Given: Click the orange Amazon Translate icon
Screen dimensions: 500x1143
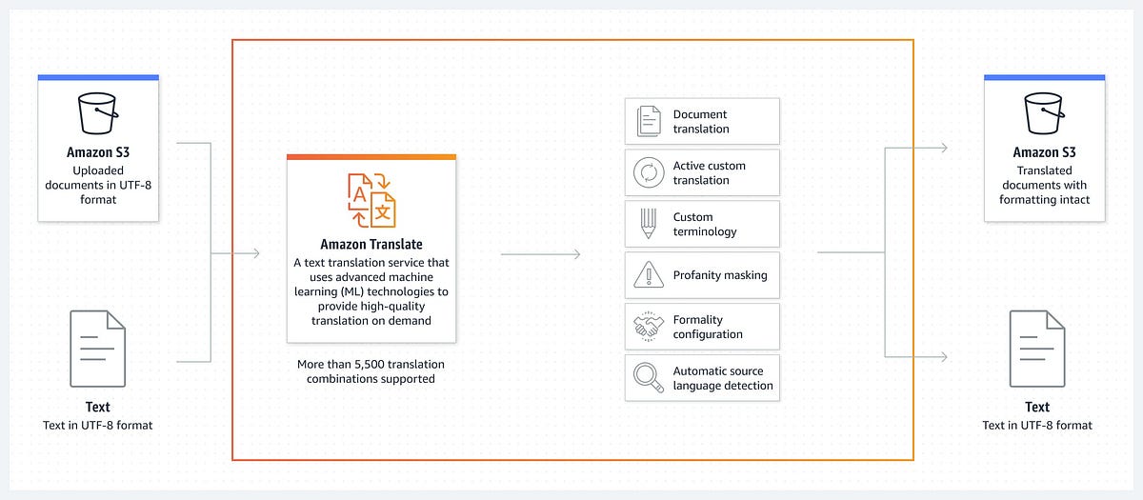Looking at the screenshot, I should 371,201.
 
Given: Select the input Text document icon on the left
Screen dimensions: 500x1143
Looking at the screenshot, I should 98,349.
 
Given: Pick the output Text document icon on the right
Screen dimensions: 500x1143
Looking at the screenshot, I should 1037,349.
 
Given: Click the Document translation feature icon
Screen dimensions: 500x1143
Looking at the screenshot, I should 649,122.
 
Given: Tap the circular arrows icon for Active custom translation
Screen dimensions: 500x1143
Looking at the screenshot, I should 649,173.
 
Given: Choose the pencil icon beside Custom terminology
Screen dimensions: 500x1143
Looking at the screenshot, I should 649,225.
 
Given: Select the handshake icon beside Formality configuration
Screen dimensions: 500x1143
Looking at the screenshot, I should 649,327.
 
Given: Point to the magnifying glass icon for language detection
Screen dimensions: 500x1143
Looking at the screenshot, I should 649,378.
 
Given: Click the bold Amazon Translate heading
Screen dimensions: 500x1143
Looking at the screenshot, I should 371,245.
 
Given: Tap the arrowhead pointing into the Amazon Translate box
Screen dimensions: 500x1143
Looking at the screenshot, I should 254,253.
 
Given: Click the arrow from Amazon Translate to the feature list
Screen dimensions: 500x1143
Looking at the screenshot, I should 541,253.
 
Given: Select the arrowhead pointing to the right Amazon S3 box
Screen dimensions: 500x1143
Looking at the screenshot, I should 943,148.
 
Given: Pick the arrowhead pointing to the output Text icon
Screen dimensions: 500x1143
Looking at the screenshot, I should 943,357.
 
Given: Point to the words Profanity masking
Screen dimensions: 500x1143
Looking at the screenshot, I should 720,276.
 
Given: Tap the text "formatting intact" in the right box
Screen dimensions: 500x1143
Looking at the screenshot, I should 1043,200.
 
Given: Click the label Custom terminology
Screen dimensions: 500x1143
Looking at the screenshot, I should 706,225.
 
